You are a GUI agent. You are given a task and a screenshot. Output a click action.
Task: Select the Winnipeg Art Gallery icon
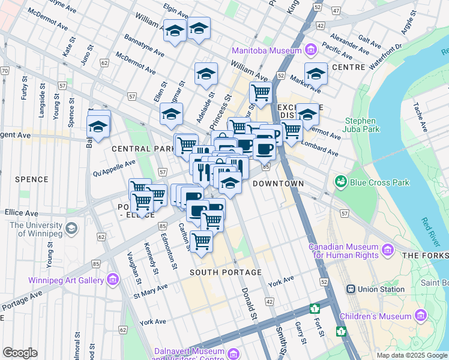tap(112, 279)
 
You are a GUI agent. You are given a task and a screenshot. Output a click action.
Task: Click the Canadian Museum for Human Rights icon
tap(388, 249)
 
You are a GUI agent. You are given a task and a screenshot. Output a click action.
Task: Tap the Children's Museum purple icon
tap(420, 314)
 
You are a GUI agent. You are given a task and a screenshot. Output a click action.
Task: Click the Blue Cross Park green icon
tap(341, 181)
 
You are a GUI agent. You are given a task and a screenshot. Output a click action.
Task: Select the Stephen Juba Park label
tap(363, 125)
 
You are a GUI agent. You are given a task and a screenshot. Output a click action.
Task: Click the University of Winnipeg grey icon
tap(71, 229)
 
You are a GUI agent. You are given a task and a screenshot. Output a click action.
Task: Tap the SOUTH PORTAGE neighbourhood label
tap(226, 272)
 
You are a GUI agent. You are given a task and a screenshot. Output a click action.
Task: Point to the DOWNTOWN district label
tap(278, 183)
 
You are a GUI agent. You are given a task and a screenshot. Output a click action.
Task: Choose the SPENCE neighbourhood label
tap(31, 179)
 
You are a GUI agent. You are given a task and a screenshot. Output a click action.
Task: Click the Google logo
tap(20, 353)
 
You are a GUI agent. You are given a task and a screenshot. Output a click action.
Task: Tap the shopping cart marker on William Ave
tap(261, 93)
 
